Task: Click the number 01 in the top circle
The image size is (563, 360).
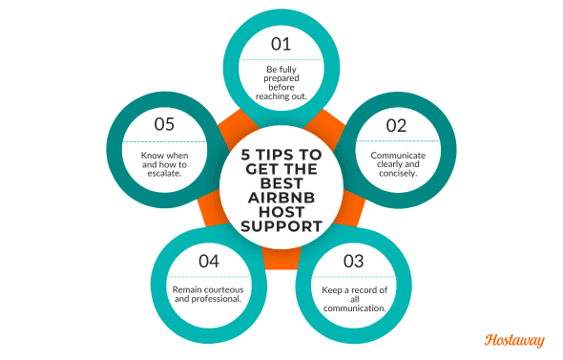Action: [281, 43]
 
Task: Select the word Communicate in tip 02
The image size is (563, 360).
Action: [399, 153]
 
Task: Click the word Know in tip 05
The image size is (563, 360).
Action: [154, 152]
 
